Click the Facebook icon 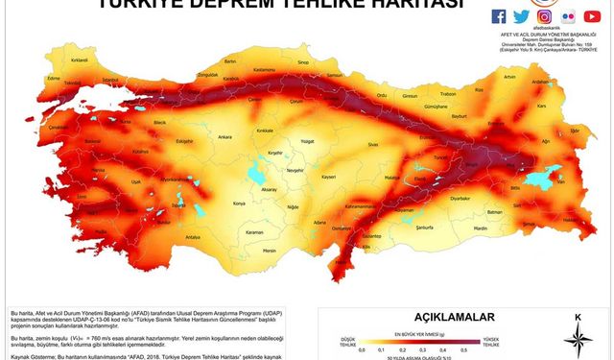pyautogui.click(x=498, y=16)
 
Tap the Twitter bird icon pyautogui.click(x=521, y=16)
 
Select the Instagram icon pyautogui.click(x=544, y=16)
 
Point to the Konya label pyautogui.click(x=213, y=204)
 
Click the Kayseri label pyautogui.click(x=328, y=178)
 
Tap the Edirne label pyautogui.click(x=40, y=79)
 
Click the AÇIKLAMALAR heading pyautogui.click(x=453, y=316)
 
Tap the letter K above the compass pyautogui.click(x=578, y=317)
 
